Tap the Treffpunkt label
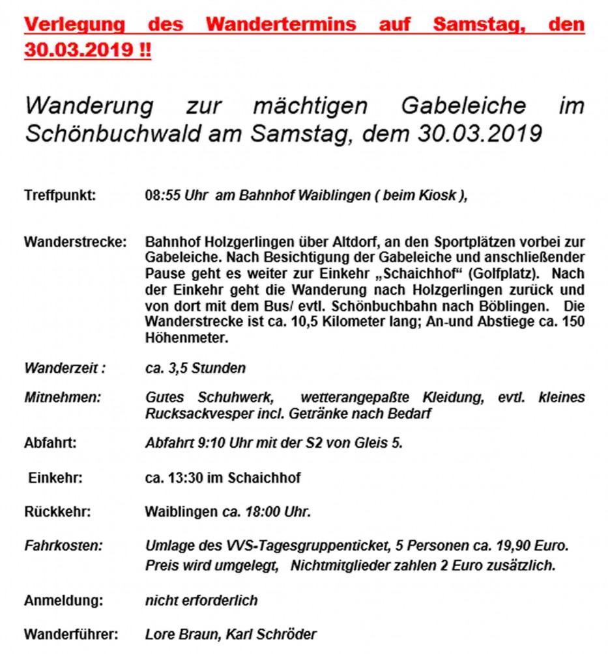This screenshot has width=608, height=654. point(60,195)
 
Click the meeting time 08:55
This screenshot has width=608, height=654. point(160,195)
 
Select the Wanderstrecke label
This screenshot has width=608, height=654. point(75,243)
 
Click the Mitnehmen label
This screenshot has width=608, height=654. point(63,397)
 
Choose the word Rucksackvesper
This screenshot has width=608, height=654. point(194,413)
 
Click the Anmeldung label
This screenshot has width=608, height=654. point(63,600)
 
